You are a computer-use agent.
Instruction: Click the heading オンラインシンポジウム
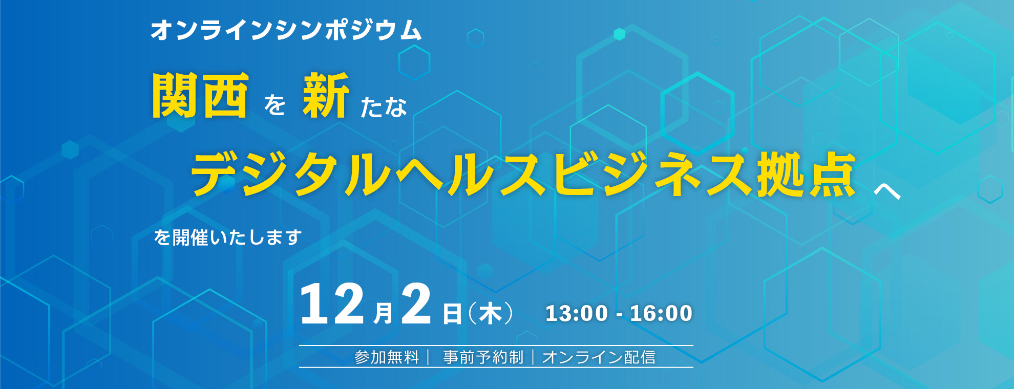(x=286, y=30)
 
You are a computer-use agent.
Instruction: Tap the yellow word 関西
(x=200, y=96)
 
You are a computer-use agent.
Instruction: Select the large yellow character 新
(x=326, y=96)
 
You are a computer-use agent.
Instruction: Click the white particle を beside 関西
(x=274, y=105)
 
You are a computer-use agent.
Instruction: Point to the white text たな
(x=384, y=107)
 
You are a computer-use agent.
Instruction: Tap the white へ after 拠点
(x=888, y=191)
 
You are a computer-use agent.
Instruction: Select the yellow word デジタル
(x=291, y=175)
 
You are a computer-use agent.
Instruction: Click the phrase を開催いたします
(x=228, y=237)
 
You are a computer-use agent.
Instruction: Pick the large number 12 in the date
(x=332, y=304)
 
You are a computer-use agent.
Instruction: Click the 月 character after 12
(x=383, y=313)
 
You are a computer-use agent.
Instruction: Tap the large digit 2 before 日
(x=416, y=304)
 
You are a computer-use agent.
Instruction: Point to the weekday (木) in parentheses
(x=490, y=313)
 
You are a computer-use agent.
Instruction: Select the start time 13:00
(x=577, y=313)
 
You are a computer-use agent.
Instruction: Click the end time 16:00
(x=661, y=313)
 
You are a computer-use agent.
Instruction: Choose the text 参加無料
(x=387, y=357)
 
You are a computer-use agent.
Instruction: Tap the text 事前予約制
(x=483, y=357)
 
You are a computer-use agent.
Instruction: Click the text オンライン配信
(x=599, y=357)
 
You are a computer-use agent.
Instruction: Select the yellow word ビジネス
(x=654, y=175)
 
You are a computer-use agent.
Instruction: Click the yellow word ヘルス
(x=471, y=175)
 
